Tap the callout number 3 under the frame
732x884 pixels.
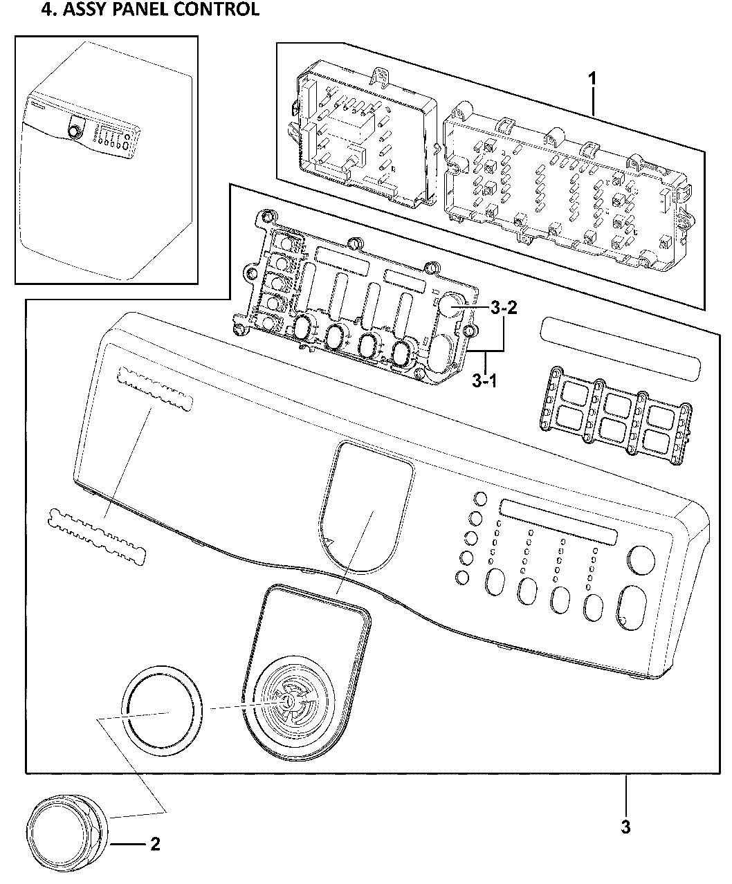coord(625,827)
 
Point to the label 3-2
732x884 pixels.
coord(503,309)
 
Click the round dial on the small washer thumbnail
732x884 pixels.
coord(74,131)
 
